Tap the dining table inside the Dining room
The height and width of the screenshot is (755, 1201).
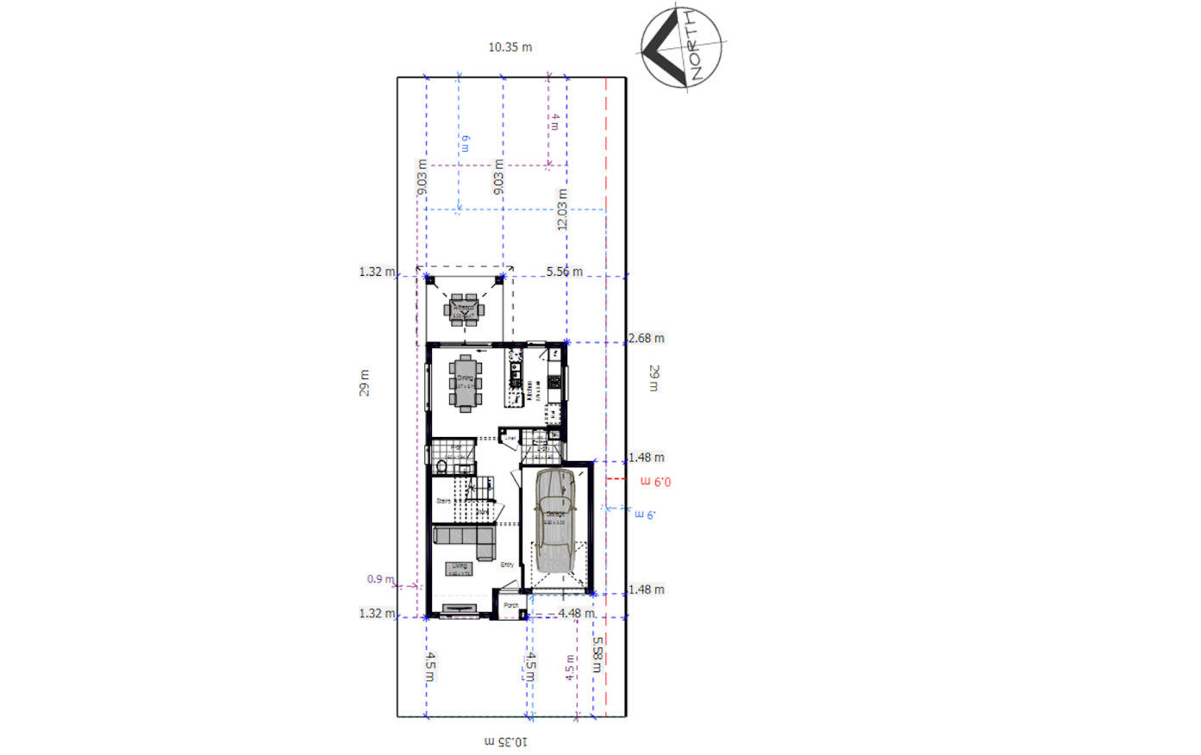(x=465, y=383)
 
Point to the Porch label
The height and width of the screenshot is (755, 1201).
(x=511, y=606)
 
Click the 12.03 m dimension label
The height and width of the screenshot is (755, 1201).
(x=562, y=209)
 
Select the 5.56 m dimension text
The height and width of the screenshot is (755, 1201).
(x=564, y=271)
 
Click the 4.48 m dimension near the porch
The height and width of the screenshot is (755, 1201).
(x=575, y=614)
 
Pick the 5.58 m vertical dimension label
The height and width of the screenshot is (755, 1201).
(x=597, y=654)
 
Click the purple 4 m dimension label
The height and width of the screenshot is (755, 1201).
(x=554, y=122)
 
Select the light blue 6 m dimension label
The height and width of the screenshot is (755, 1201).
(x=466, y=143)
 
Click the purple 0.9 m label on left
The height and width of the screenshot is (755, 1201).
(x=379, y=579)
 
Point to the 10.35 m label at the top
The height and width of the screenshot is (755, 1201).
(x=510, y=47)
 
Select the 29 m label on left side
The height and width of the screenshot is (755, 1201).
(x=365, y=383)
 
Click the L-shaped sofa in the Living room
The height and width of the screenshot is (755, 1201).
(x=464, y=540)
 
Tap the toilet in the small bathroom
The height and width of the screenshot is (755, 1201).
(x=441, y=468)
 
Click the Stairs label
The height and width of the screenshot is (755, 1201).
(x=444, y=501)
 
